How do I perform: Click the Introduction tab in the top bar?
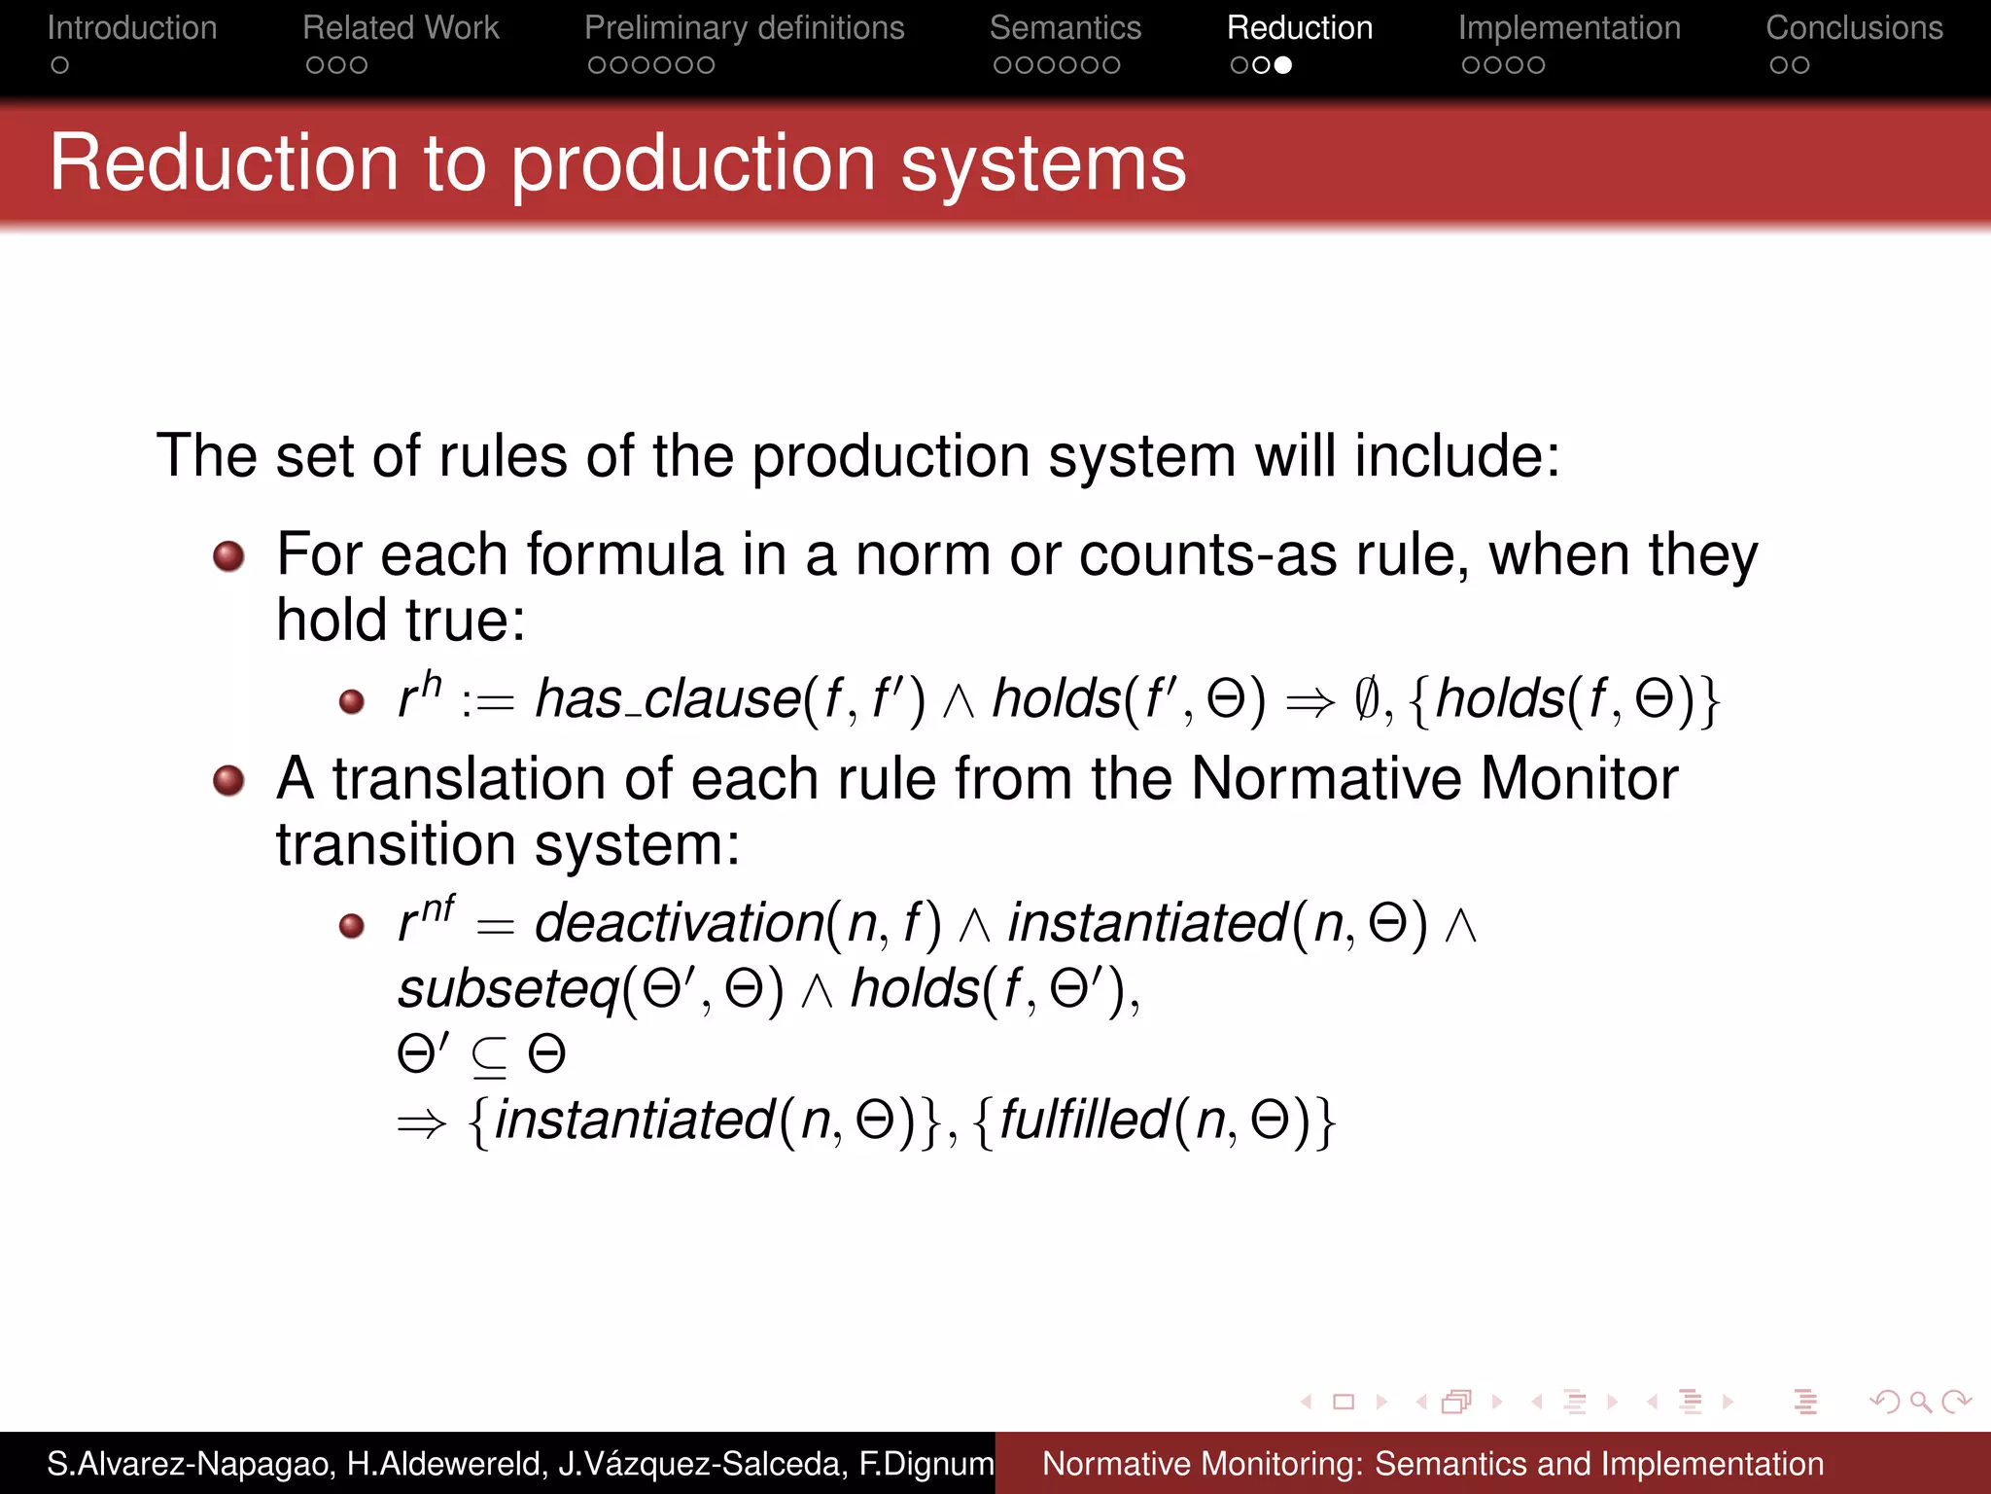click(x=131, y=28)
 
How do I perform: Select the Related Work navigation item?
click(x=400, y=28)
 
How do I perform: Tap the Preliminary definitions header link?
click(x=744, y=28)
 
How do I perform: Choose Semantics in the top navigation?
click(x=1065, y=28)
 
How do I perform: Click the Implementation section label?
click(x=1568, y=28)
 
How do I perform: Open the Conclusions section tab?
click(x=1853, y=28)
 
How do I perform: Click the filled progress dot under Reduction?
click(x=1283, y=65)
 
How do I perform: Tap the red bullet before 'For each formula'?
click(x=229, y=556)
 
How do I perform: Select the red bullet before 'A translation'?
click(x=229, y=780)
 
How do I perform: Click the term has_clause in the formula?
click(x=667, y=699)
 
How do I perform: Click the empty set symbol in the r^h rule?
click(x=1366, y=699)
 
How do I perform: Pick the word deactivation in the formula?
click(x=679, y=922)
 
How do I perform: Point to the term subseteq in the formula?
click(x=507, y=989)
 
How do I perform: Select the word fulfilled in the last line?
click(x=1083, y=1120)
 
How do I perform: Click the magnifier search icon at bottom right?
click(x=1920, y=1402)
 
